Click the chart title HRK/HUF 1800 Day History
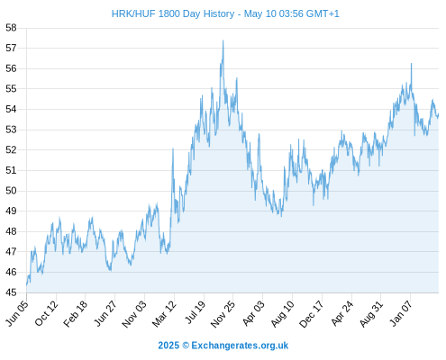tap(173, 13)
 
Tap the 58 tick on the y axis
tap(11, 28)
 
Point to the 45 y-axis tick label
tap(11, 292)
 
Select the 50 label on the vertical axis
tap(11, 191)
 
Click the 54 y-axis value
tap(11, 109)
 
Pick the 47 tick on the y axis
tap(11, 252)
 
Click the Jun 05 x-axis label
tap(17, 312)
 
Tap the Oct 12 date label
tap(46, 312)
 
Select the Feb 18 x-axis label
tap(76, 313)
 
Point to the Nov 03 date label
tap(134, 313)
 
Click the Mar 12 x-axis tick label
tap(164, 313)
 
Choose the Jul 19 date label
tap(195, 312)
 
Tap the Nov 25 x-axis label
tap(223, 313)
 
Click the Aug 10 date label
tap(283, 313)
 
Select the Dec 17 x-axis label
tap(312, 313)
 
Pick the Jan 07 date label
tap(401, 313)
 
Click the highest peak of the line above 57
tap(223, 40)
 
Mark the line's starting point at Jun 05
tap(26, 285)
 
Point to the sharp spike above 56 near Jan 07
tap(411, 64)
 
